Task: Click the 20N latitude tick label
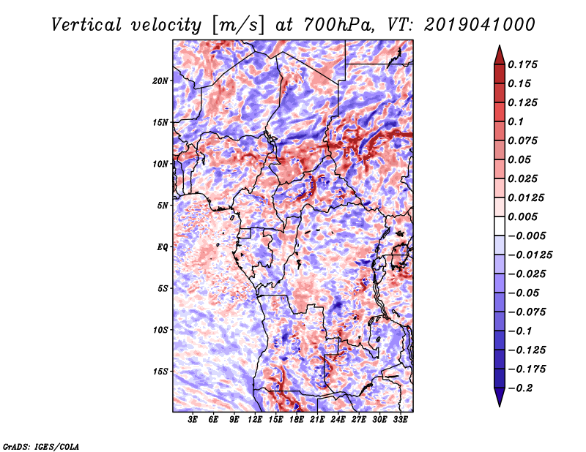pos(160,80)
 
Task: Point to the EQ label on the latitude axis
pos(162,247)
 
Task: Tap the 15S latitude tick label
pos(160,372)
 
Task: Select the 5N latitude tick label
pos(163,206)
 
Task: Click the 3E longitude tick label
pos(193,419)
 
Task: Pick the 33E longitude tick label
pos(400,419)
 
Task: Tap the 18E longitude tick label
pos(297,419)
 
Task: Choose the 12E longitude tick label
pos(255,419)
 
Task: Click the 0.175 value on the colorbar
pos(522,64)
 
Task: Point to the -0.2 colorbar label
pos(520,388)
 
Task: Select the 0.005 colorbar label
pos(522,216)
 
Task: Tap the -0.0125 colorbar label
pos(530,255)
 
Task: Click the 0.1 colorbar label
pos(516,121)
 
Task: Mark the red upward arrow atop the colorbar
pos(500,55)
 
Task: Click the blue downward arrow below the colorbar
pos(500,397)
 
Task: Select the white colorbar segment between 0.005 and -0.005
pos(500,226)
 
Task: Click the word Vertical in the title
pos(86,25)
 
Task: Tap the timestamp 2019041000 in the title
pos(480,25)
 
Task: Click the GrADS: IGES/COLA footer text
pos(41,446)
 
